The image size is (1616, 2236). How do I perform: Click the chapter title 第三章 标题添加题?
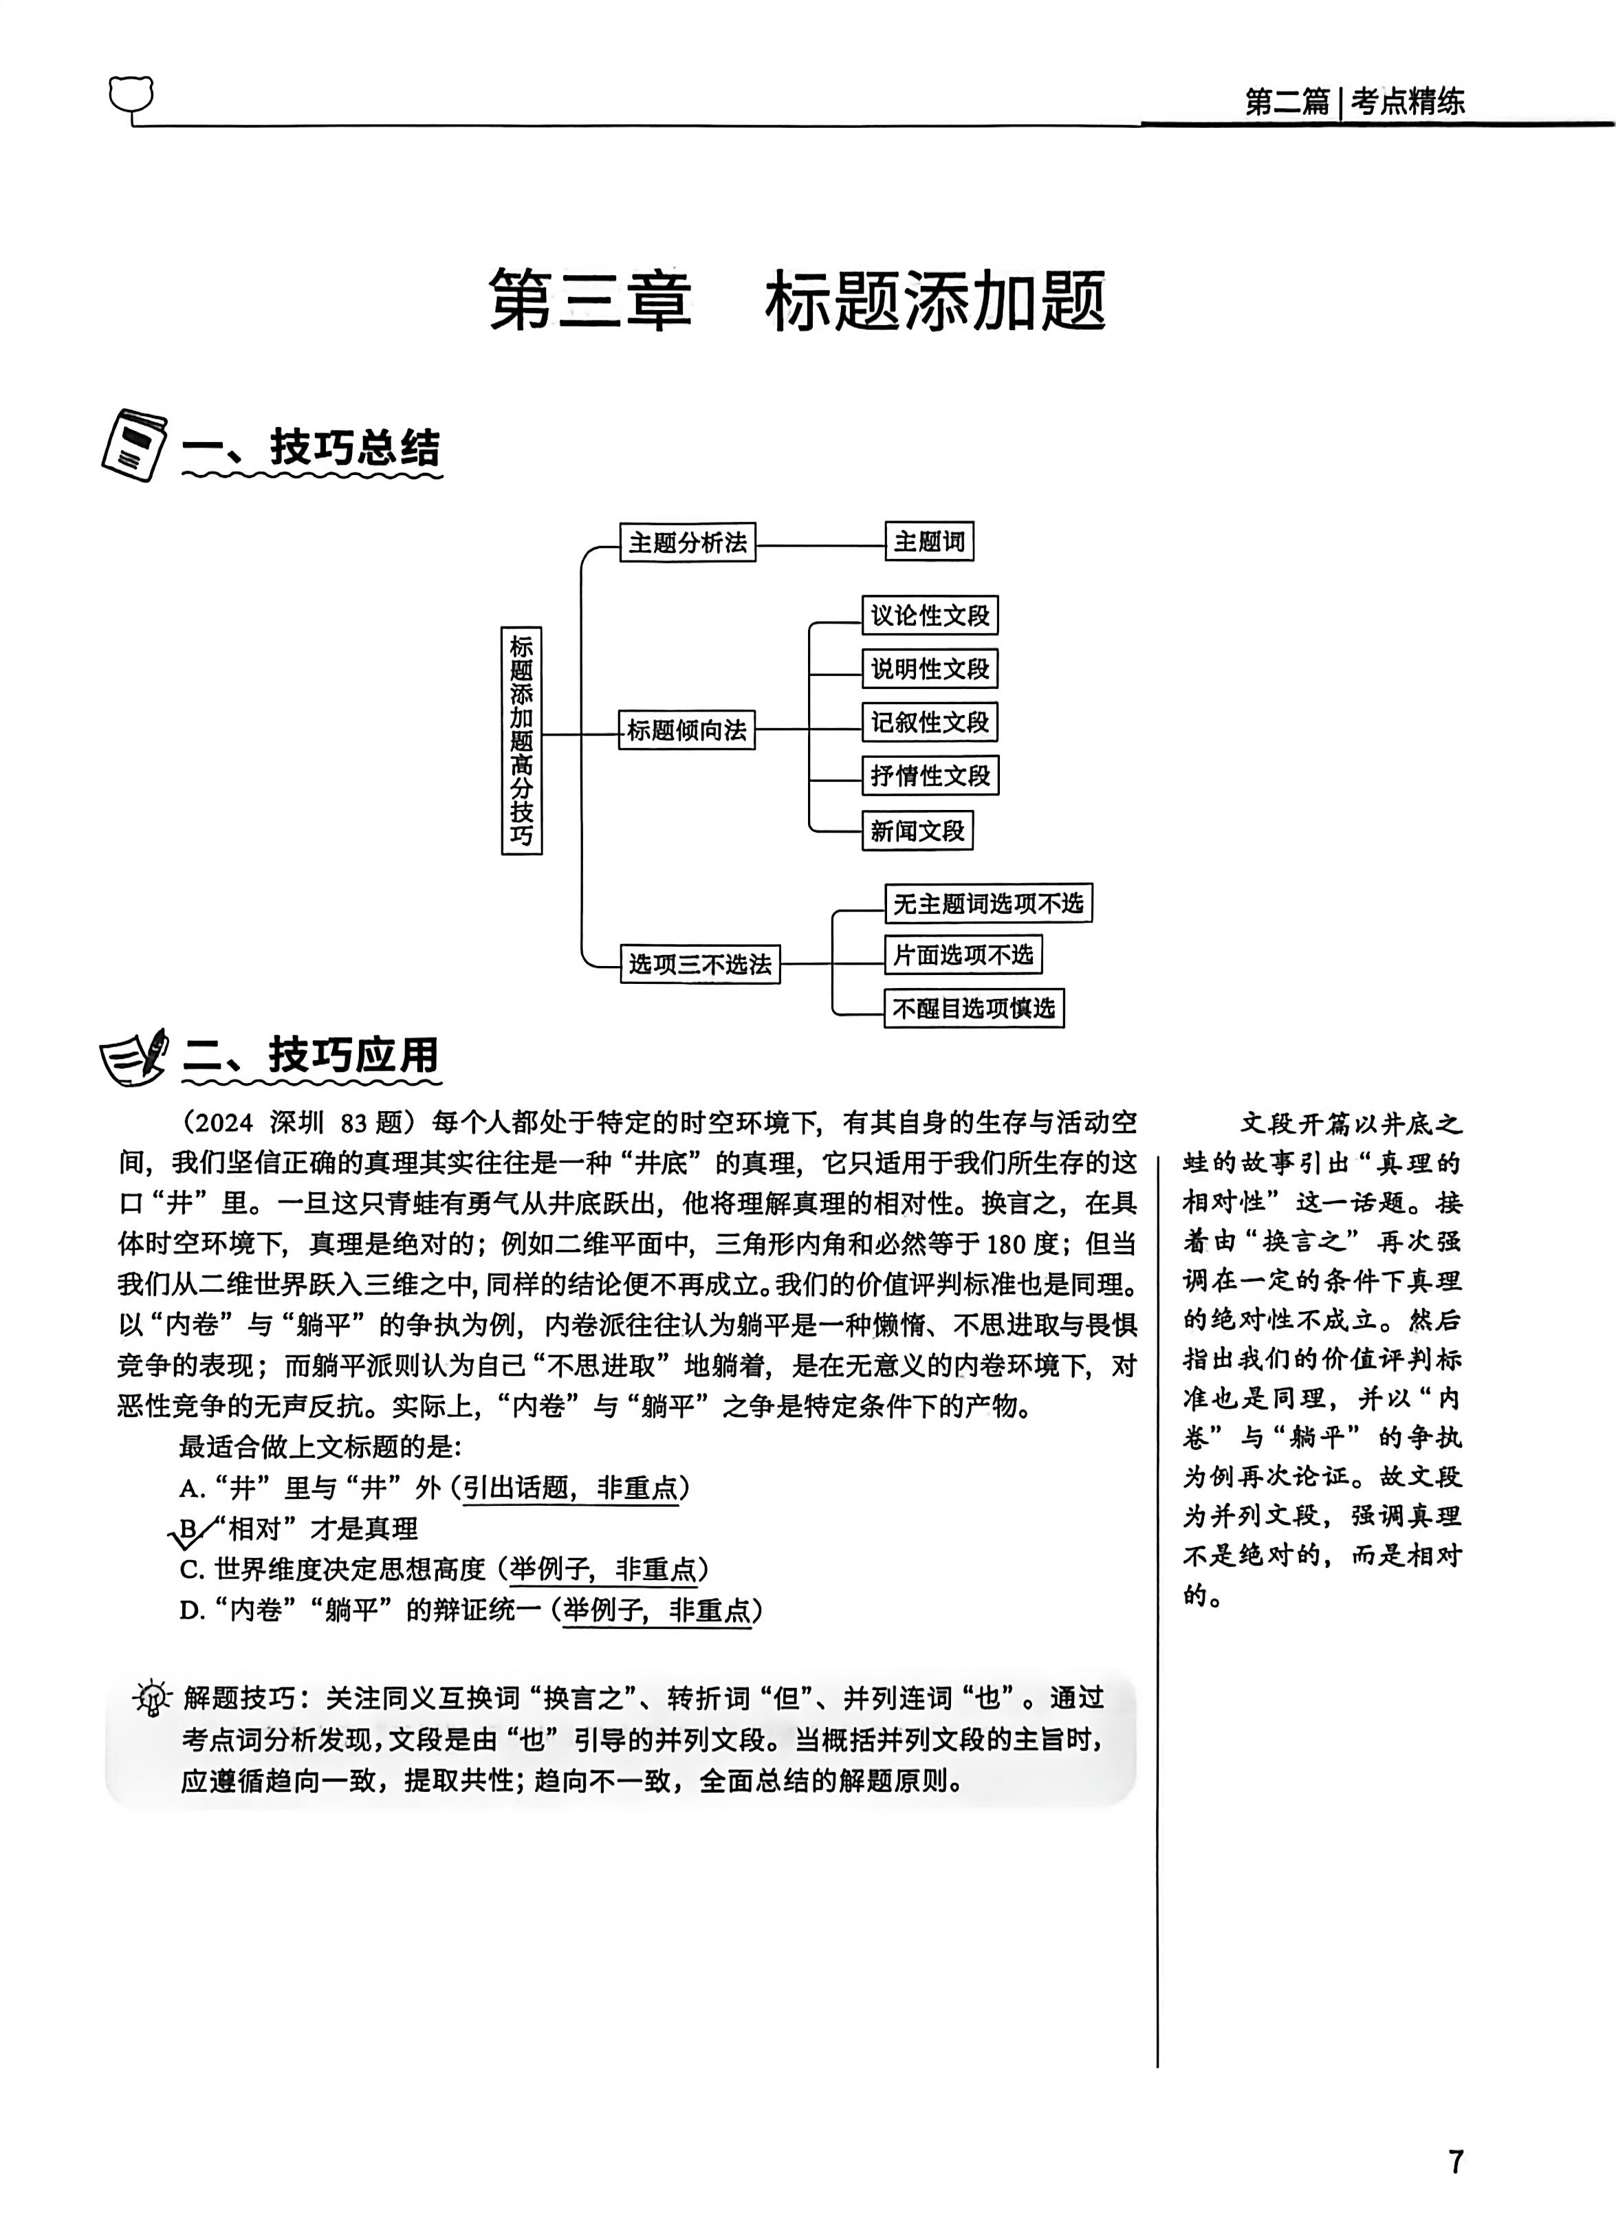pos(797,300)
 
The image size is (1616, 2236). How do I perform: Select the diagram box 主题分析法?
pos(687,542)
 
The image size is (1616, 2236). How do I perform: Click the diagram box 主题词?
pos(929,541)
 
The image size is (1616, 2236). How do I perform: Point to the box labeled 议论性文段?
pos(930,615)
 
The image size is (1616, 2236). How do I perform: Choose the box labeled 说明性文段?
pos(930,668)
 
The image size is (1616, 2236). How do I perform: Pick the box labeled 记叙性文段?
pos(930,722)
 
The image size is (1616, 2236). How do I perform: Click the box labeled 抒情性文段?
pos(930,775)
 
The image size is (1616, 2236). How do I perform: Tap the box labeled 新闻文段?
pos(917,830)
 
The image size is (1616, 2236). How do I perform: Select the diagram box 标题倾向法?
pos(686,730)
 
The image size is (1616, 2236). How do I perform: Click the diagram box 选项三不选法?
pos(700,963)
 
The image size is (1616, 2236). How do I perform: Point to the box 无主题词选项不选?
pos(988,903)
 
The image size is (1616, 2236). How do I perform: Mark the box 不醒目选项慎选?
pos(974,1007)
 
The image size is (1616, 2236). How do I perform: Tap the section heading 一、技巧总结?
pos(312,448)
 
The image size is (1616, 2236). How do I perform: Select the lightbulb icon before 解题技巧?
pos(153,1698)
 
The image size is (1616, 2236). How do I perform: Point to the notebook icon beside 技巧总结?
pos(134,445)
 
